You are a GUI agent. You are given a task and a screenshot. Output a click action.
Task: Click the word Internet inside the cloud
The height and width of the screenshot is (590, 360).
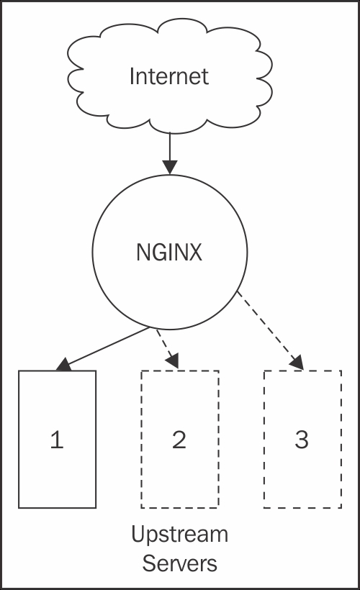[169, 76]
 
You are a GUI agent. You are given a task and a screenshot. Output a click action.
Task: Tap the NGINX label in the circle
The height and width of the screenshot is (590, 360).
[169, 252]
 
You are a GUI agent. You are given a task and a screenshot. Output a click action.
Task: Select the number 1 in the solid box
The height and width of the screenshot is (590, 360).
[57, 440]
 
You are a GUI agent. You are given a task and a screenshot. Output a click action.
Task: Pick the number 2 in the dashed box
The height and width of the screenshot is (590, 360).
[179, 440]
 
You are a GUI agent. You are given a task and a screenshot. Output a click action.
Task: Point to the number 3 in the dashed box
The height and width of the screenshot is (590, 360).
[302, 440]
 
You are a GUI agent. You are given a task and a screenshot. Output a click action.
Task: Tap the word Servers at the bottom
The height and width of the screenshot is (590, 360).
[179, 563]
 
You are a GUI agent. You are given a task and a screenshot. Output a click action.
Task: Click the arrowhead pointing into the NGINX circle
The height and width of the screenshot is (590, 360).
[170, 168]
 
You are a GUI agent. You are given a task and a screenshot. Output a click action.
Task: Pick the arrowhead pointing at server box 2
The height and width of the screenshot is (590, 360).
[174, 361]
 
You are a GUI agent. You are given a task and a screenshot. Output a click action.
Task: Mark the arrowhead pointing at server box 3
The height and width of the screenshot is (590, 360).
[297, 363]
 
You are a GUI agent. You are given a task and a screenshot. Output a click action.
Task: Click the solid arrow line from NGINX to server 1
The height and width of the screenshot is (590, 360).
[102, 348]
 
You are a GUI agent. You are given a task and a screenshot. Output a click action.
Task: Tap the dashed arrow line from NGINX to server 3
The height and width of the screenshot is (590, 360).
[269, 330]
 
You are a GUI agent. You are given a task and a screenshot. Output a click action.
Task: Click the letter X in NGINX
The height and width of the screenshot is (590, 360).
[194, 252]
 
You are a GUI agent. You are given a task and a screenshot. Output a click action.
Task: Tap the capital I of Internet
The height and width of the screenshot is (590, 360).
[132, 76]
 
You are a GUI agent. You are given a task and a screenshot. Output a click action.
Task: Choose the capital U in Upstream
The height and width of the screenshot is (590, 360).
[138, 535]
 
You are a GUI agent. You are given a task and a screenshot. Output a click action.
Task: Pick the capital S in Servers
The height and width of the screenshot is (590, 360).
[149, 563]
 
